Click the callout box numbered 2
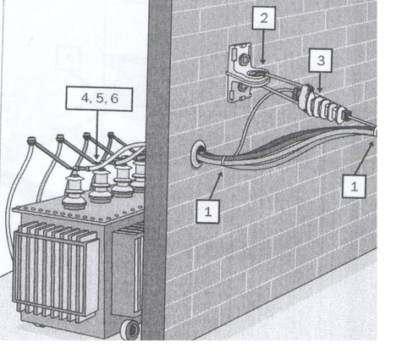click(x=264, y=18)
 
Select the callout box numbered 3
click(x=321, y=60)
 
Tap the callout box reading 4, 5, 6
click(x=99, y=98)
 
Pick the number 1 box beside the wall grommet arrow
click(x=208, y=212)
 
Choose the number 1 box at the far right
click(x=355, y=186)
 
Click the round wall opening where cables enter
click(x=197, y=155)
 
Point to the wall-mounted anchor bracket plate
click(x=240, y=72)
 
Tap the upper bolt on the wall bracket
click(x=245, y=60)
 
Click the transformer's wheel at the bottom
click(x=130, y=330)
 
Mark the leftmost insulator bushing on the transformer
click(x=74, y=189)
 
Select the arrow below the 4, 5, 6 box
click(x=96, y=135)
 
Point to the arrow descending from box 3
click(x=320, y=81)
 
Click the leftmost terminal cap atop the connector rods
click(x=31, y=140)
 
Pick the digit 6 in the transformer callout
click(x=114, y=98)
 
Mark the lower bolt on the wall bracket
click(x=243, y=86)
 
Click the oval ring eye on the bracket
click(x=257, y=75)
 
